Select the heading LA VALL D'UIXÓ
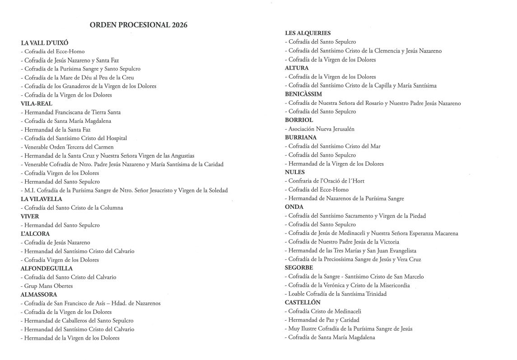click(45, 43)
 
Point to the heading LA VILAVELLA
click(42, 199)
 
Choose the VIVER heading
click(30, 216)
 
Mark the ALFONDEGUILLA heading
click(47, 268)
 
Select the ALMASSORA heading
click(39, 295)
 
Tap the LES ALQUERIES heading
click(307, 33)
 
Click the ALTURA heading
click(297, 68)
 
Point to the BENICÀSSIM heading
click(303, 94)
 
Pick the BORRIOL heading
click(299, 120)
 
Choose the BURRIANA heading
click(301, 137)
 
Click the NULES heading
click(295, 172)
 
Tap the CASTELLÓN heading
click(303, 302)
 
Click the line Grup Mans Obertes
click(48, 286)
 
